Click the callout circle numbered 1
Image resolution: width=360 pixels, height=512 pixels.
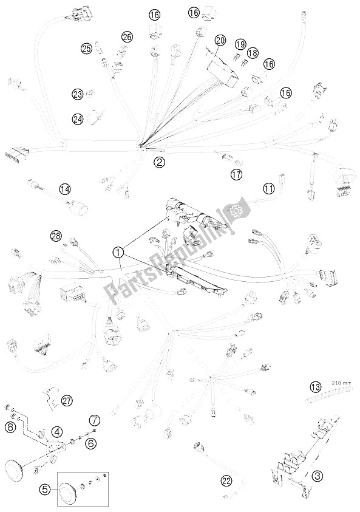[118, 252]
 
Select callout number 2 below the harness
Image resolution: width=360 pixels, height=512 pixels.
[159, 162]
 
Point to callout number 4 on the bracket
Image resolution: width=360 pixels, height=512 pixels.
[57, 432]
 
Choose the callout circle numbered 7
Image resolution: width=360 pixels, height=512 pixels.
[95, 420]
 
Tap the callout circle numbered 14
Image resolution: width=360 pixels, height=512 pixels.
[64, 188]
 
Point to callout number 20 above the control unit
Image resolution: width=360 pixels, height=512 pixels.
[220, 41]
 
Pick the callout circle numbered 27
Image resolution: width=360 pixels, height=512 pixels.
[67, 401]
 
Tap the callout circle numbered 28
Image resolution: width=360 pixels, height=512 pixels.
[56, 236]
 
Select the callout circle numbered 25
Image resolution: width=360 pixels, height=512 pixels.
[86, 49]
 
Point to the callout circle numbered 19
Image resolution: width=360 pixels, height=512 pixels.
[240, 44]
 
